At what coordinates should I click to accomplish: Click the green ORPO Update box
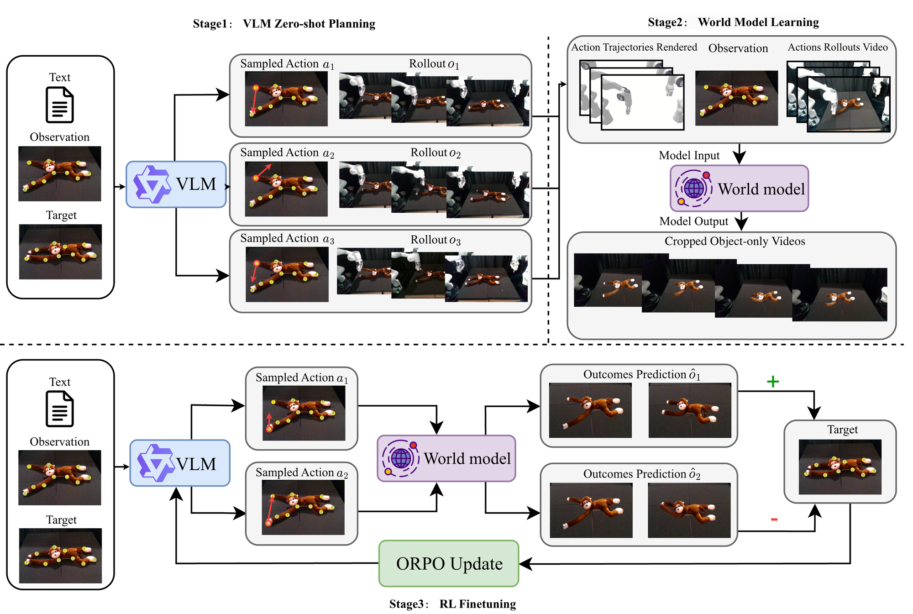click(x=449, y=563)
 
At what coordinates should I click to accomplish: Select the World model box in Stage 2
click(x=739, y=189)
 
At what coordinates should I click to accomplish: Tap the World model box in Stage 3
click(x=446, y=458)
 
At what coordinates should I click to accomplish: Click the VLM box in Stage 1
click(x=176, y=184)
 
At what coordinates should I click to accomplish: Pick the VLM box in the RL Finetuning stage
click(x=180, y=463)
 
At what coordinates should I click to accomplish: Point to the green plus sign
click(x=772, y=382)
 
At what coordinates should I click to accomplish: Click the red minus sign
click(x=774, y=519)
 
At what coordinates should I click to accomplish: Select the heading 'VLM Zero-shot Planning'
click(x=309, y=24)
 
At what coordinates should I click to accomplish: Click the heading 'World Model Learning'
click(x=758, y=22)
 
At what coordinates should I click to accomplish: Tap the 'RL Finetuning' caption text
click(x=477, y=604)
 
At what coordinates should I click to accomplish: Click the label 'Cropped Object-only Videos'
click(x=735, y=241)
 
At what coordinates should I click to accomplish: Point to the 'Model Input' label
click(x=689, y=156)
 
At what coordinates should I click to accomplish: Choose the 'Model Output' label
click(x=693, y=221)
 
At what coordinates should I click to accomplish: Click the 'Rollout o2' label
click(x=436, y=152)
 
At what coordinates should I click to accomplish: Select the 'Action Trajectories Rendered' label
click(x=634, y=47)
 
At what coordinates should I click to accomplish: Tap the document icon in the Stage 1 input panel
click(x=60, y=105)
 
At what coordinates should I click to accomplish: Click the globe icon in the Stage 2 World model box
click(x=693, y=188)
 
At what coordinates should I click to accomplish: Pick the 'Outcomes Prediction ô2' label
click(x=641, y=474)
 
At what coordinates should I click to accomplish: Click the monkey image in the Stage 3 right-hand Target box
click(x=840, y=467)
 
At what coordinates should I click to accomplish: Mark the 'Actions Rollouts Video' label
click(x=838, y=47)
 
